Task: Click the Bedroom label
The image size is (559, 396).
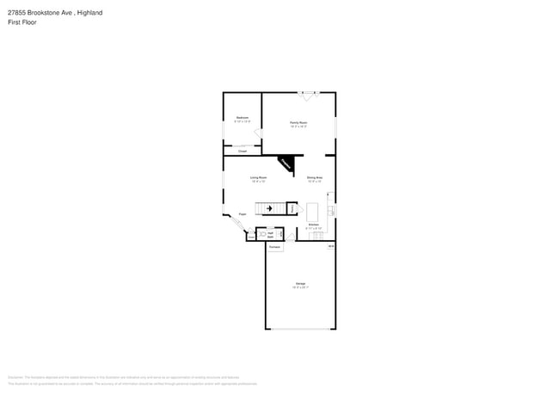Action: click(x=243, y=117)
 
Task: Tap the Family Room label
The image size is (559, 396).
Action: click(x=298, y=123)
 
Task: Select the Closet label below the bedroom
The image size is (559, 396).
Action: click(x=243, y=151)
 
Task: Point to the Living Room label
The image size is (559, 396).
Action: click(x=259, y=177)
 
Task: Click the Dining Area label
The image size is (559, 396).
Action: click(x=315, y=177)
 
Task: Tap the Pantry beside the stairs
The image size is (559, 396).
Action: click(x=292, y=208)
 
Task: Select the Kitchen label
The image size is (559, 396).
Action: click(x=314, y=225)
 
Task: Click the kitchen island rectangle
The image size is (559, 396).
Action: click(x=312, y=212)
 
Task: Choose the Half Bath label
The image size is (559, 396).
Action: click(x=270, y=234)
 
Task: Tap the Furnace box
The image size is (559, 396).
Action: click(x=274, y=247)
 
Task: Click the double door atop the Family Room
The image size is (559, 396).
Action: click(x=308, y=93)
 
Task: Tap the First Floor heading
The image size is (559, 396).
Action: click(x=22, y=22)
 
